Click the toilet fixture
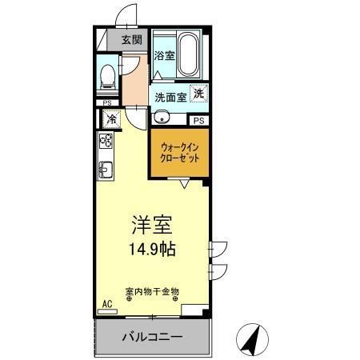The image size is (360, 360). (x=107, y=76)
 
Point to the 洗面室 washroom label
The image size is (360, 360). (x=170, y=98)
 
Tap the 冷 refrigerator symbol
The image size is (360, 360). (x=109, y=118)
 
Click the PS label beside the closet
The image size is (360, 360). (x=198, y=121)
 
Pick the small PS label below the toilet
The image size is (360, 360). (x=106, y=102)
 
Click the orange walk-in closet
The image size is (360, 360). (x=179, y=153)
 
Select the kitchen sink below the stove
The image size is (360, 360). (x=105, y=169)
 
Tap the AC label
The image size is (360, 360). (x=107, y=304)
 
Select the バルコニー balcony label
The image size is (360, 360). (x=152, y=336)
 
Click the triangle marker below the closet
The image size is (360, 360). (x=185, y=185)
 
